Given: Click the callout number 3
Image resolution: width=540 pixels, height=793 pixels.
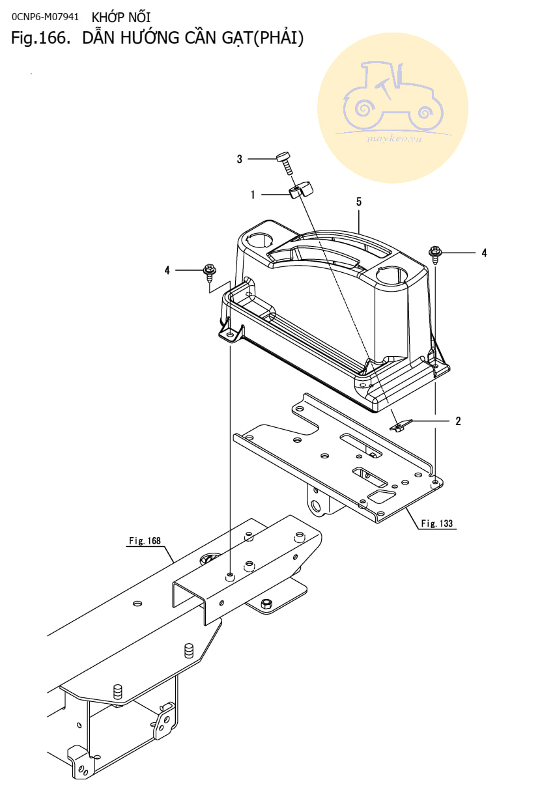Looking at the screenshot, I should [x=239, y=159].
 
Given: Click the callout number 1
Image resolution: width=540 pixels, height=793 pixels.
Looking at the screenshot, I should [x=252, y=194].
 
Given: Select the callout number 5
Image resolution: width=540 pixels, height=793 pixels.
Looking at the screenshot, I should [x=358, y=202].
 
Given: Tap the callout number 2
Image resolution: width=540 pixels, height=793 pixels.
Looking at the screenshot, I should [x=458, y=421].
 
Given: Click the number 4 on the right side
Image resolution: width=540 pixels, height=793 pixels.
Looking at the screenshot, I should [x=484, y=253].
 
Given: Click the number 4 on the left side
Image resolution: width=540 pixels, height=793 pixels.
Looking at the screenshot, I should [x=167, y=270].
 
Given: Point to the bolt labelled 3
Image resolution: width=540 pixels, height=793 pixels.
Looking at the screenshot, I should [x=285, y=161].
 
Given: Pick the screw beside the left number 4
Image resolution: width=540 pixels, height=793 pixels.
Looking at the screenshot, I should [x=210, y=271].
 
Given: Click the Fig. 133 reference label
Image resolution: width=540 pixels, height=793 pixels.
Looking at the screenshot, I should [x=436, y=523].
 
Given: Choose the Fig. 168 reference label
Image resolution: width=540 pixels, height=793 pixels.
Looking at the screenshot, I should [x=145, y=540].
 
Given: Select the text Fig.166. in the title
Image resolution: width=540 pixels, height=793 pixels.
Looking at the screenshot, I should [x=40, y=38].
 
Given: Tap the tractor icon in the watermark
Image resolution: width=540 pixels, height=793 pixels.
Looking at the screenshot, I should [x=393, y=96].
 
